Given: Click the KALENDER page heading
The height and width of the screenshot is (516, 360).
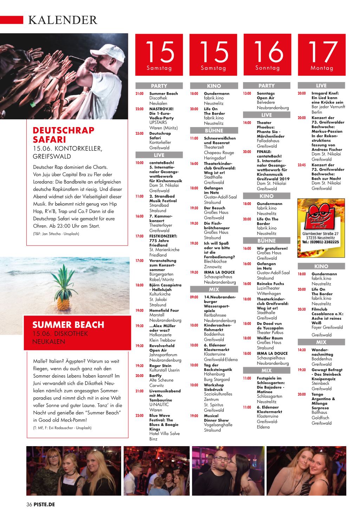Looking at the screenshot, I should [63, 20].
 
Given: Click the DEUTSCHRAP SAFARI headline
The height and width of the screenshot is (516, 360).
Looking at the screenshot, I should [64, 135].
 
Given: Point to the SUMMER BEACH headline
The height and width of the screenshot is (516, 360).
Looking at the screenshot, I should [68, 324].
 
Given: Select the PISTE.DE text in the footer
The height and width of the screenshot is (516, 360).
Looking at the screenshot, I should [44, 505].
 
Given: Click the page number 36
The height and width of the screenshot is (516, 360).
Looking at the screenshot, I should [29, 505].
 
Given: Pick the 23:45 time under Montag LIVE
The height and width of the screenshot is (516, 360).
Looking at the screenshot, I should [302, 165].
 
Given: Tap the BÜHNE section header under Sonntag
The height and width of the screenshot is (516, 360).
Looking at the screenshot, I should [267, 241].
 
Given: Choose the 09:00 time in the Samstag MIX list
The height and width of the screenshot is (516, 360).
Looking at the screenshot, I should [194, 297].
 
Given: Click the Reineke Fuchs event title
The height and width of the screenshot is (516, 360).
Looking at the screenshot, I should [270, 284].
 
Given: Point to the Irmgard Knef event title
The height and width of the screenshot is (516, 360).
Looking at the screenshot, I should [325, 93].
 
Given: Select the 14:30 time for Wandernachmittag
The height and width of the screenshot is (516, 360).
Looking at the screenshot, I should [302, 350].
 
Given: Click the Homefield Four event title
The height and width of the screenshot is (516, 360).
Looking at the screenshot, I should [164, 310].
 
